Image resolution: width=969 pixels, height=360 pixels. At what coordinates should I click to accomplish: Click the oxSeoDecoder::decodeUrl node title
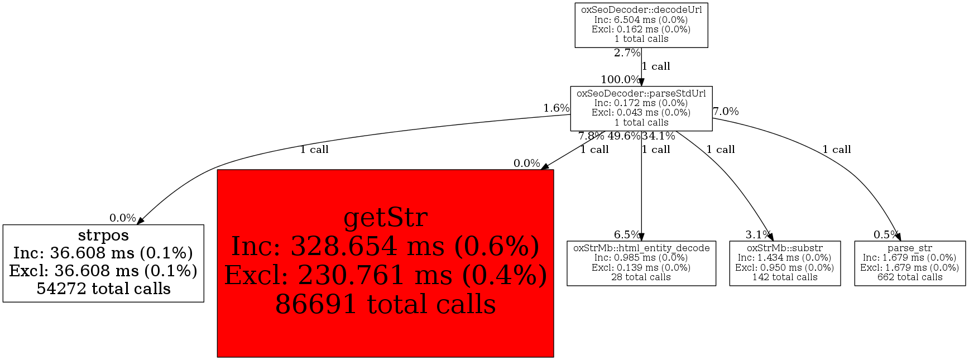(x=641, y=9)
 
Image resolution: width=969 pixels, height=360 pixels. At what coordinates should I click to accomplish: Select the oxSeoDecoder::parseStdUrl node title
(x=641, y=93)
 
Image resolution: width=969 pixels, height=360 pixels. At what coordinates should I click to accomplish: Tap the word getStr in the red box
(x=385, y=217)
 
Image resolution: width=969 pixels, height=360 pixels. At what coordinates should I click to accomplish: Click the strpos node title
(x=103, y=235)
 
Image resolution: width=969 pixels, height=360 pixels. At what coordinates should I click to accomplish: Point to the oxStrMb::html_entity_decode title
(x=641, y=248)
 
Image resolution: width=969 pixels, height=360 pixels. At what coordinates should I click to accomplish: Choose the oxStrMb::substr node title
(x=785, y=248)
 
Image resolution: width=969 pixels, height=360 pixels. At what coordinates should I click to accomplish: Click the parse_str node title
(x=910, y=248)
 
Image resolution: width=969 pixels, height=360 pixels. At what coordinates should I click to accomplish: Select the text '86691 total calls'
(x=385, y=304)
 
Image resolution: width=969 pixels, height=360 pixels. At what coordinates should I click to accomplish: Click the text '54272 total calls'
(x=103, y=289)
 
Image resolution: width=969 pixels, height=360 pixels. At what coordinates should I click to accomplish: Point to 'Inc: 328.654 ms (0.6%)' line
(x=385, y=246)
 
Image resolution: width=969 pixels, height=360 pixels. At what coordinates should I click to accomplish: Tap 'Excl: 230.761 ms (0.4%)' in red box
(x=385, y=275)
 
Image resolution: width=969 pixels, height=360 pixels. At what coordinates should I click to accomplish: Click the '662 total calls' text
(x=910, y=277)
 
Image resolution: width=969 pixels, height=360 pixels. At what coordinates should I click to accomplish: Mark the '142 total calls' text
(x=785, y=277)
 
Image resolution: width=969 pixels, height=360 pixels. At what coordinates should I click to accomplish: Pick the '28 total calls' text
(x=641, y=277)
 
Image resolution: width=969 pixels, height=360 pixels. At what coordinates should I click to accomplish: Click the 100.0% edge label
(x=620, y=80)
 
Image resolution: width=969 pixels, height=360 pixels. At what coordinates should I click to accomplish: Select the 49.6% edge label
(x=624, y=136)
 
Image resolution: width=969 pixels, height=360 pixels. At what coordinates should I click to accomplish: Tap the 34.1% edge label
(x=659, y=136)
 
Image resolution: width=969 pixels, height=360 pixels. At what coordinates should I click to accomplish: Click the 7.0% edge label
(x=726, y=111)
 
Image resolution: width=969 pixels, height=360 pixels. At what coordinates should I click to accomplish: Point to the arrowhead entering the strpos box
(x=140, y=222)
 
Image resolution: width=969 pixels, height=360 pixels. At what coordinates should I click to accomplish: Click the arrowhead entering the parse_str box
(x=898, y=238)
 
